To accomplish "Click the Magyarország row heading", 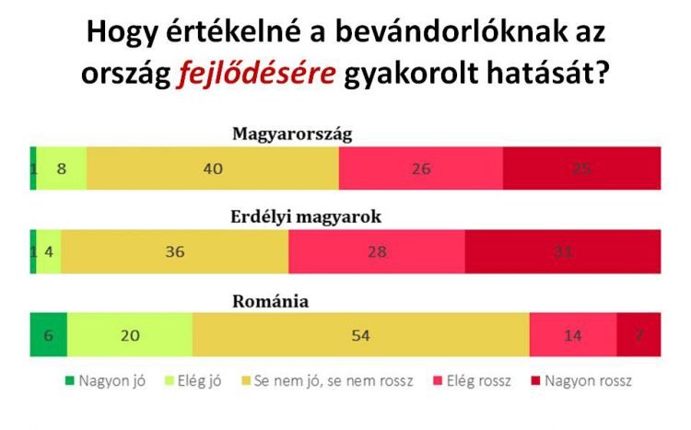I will tap(292, 134).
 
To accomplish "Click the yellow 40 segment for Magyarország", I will tap(213, 169).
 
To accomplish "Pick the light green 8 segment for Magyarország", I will tap(62, 169).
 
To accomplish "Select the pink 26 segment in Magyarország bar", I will tap(420, 169).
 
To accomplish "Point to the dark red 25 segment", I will tap(581, 169).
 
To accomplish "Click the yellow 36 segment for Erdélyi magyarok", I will tap(174, 252).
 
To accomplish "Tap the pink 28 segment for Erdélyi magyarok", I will tap(376, 252).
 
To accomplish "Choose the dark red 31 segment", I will tap(563, 252).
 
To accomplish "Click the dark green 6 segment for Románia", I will tap(48, 335).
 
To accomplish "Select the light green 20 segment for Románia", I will tap(130, 335).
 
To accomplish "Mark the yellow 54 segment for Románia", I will tap(360, 335).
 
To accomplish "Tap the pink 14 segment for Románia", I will tap(572, 335).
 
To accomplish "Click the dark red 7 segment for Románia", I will tap(638, 335).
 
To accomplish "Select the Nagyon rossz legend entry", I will tap(584, 379).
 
